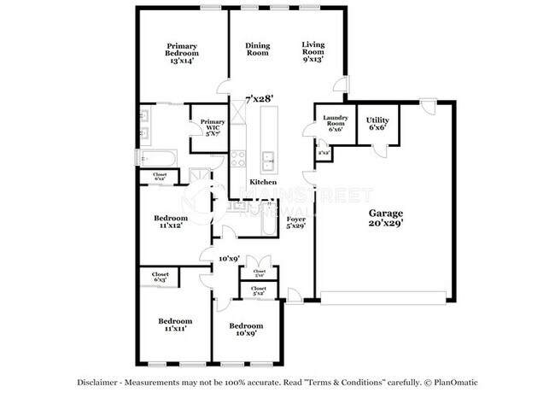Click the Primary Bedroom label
pos(183,50)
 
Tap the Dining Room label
pos(257,50)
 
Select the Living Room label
pos(314,50)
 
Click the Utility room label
pos(377,120)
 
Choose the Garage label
pos(385,213)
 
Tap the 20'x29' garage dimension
pos(385,223)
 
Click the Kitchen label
pos(263,183)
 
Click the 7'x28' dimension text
pos(259,99)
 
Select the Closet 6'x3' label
pos(160,277)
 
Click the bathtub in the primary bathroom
pos(159,158)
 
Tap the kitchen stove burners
pos(238,158)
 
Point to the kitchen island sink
pos(268,158)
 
